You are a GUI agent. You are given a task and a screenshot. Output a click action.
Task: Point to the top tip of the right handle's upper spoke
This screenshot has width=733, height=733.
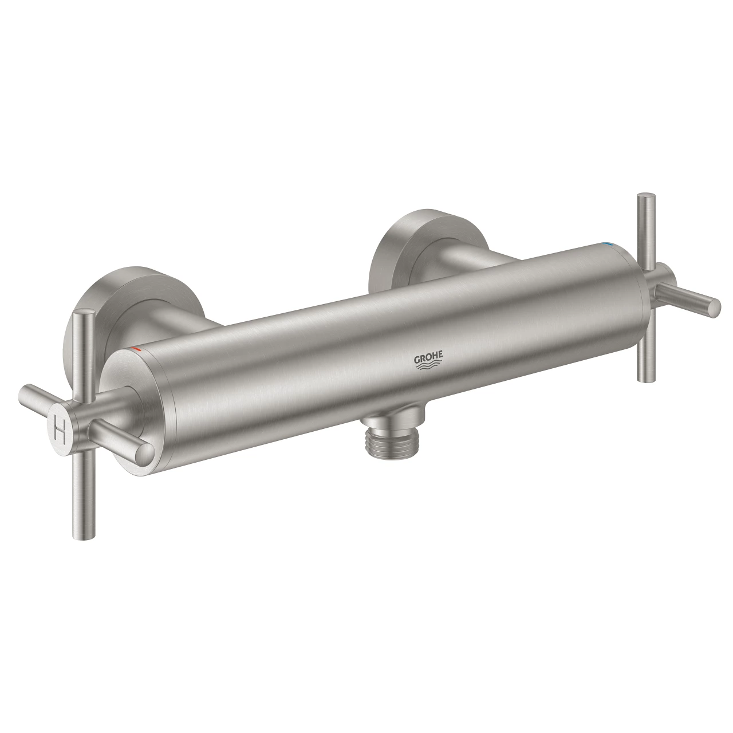point(643,198)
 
